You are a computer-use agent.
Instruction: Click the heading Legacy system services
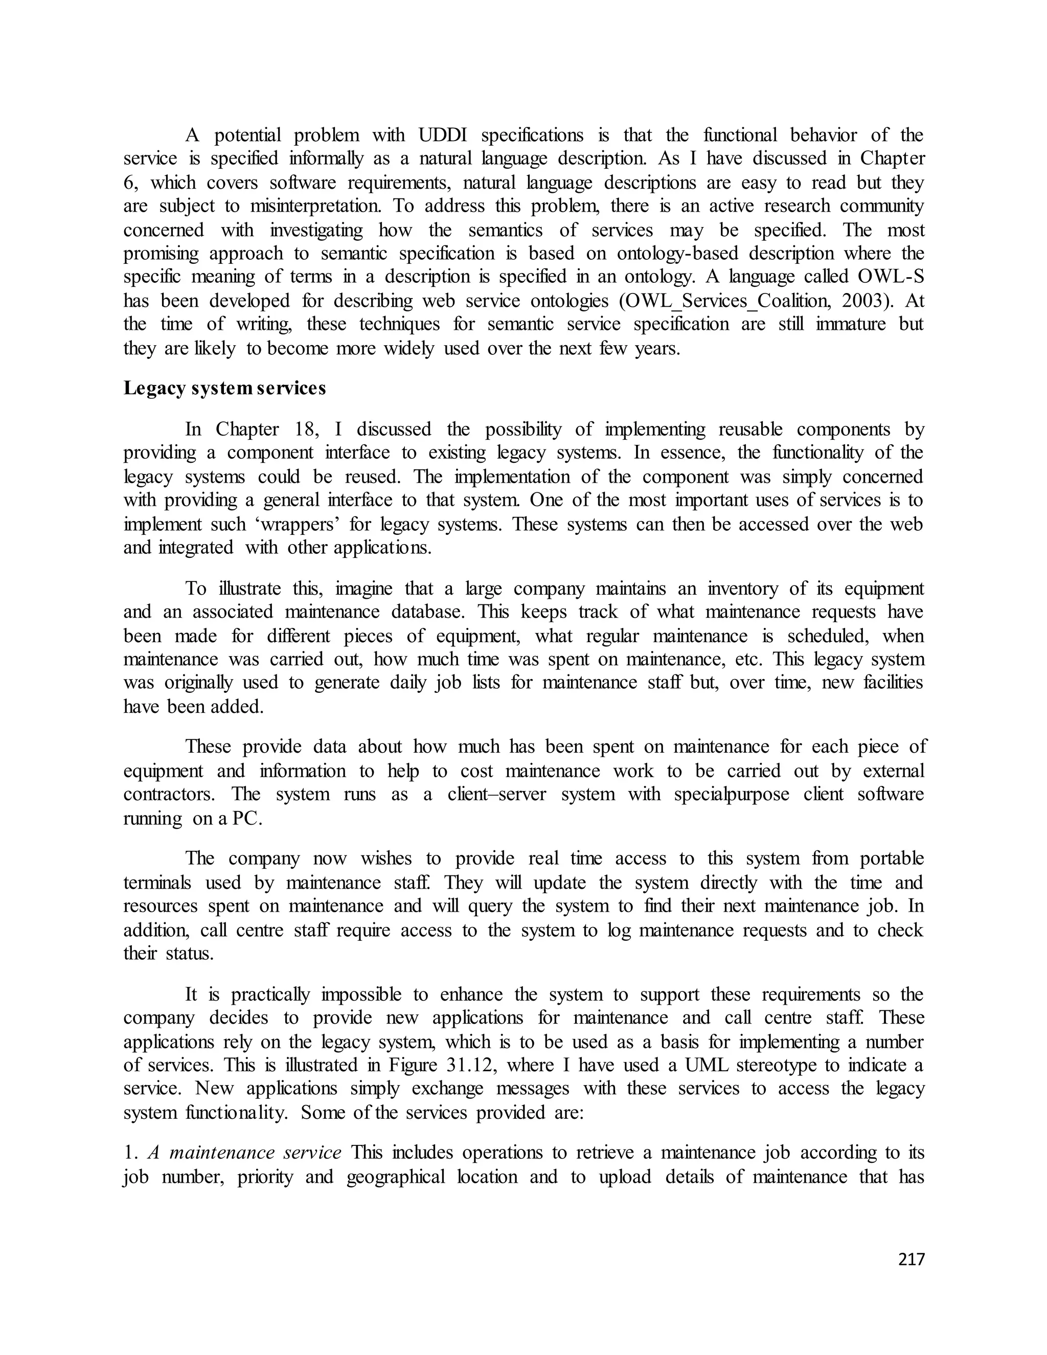point(224,389)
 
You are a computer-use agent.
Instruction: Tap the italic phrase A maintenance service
point(244,1153)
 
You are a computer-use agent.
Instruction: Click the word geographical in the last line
point(396,1177)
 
